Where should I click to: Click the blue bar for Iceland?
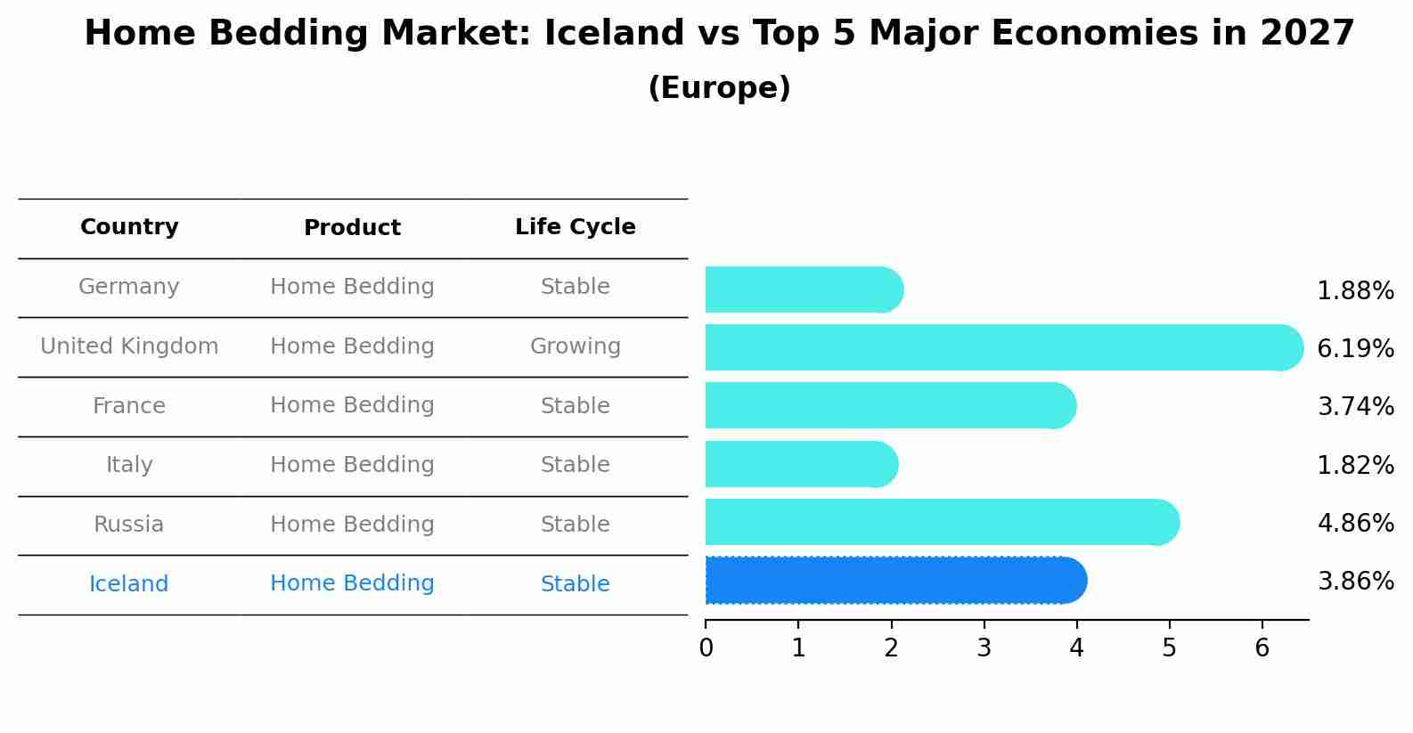895,581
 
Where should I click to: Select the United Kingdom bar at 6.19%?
1003,347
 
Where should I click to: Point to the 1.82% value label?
1355,465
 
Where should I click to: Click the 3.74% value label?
1355,407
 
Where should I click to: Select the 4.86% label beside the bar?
1355,523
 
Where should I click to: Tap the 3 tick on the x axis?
984,648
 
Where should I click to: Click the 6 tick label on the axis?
1262,648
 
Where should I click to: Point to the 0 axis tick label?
706,648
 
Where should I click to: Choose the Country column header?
129,227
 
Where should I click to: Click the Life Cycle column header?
575,227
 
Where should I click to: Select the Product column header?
352,228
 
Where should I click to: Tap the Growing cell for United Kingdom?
575,346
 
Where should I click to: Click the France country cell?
129,406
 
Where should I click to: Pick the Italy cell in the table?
129,465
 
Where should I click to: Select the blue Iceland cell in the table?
129,584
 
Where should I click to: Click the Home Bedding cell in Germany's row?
352,287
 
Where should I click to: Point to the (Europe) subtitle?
719,88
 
